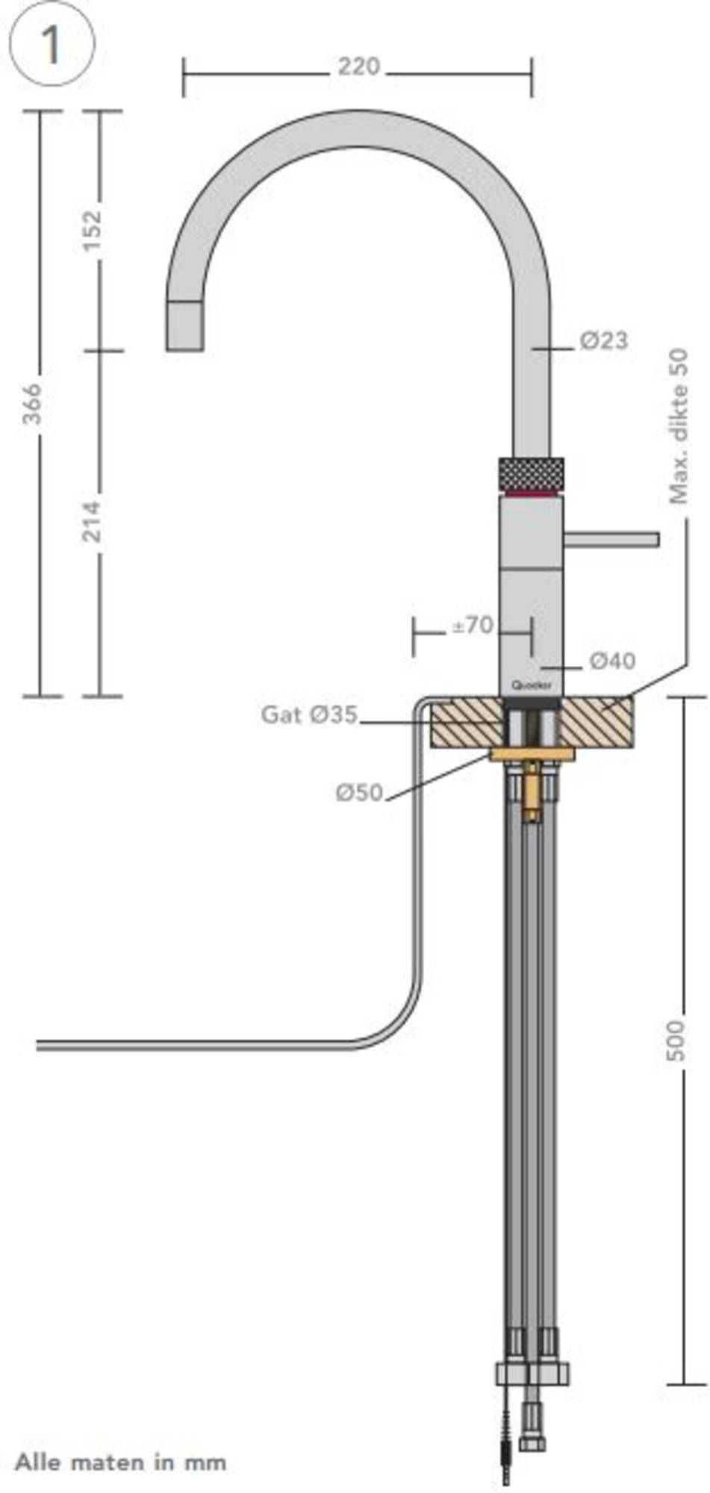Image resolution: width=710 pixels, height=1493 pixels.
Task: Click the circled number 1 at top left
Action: pos(51,45)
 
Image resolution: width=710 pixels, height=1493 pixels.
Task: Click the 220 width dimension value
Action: pos(358,67)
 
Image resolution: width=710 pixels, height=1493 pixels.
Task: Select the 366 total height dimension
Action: pos(31,404)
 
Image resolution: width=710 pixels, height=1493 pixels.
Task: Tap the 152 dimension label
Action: pos(91,231)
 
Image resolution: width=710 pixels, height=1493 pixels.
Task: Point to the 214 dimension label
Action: pos(91,521)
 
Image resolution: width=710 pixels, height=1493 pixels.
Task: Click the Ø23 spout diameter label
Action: pos(604,341)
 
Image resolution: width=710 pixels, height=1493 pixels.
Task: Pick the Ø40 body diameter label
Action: pos(612,661)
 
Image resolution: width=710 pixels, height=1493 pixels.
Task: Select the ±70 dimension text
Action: pos(472,625)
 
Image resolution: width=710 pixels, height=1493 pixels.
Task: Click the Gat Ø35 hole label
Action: pos(308,714)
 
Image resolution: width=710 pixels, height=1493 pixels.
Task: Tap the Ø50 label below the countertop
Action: pos(359,792)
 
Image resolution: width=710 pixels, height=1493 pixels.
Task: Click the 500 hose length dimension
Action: pos(675,1039)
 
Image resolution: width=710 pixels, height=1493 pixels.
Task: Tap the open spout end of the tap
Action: pos(184,327)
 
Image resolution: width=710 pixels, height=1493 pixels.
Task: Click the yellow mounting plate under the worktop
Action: pos(532,754)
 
